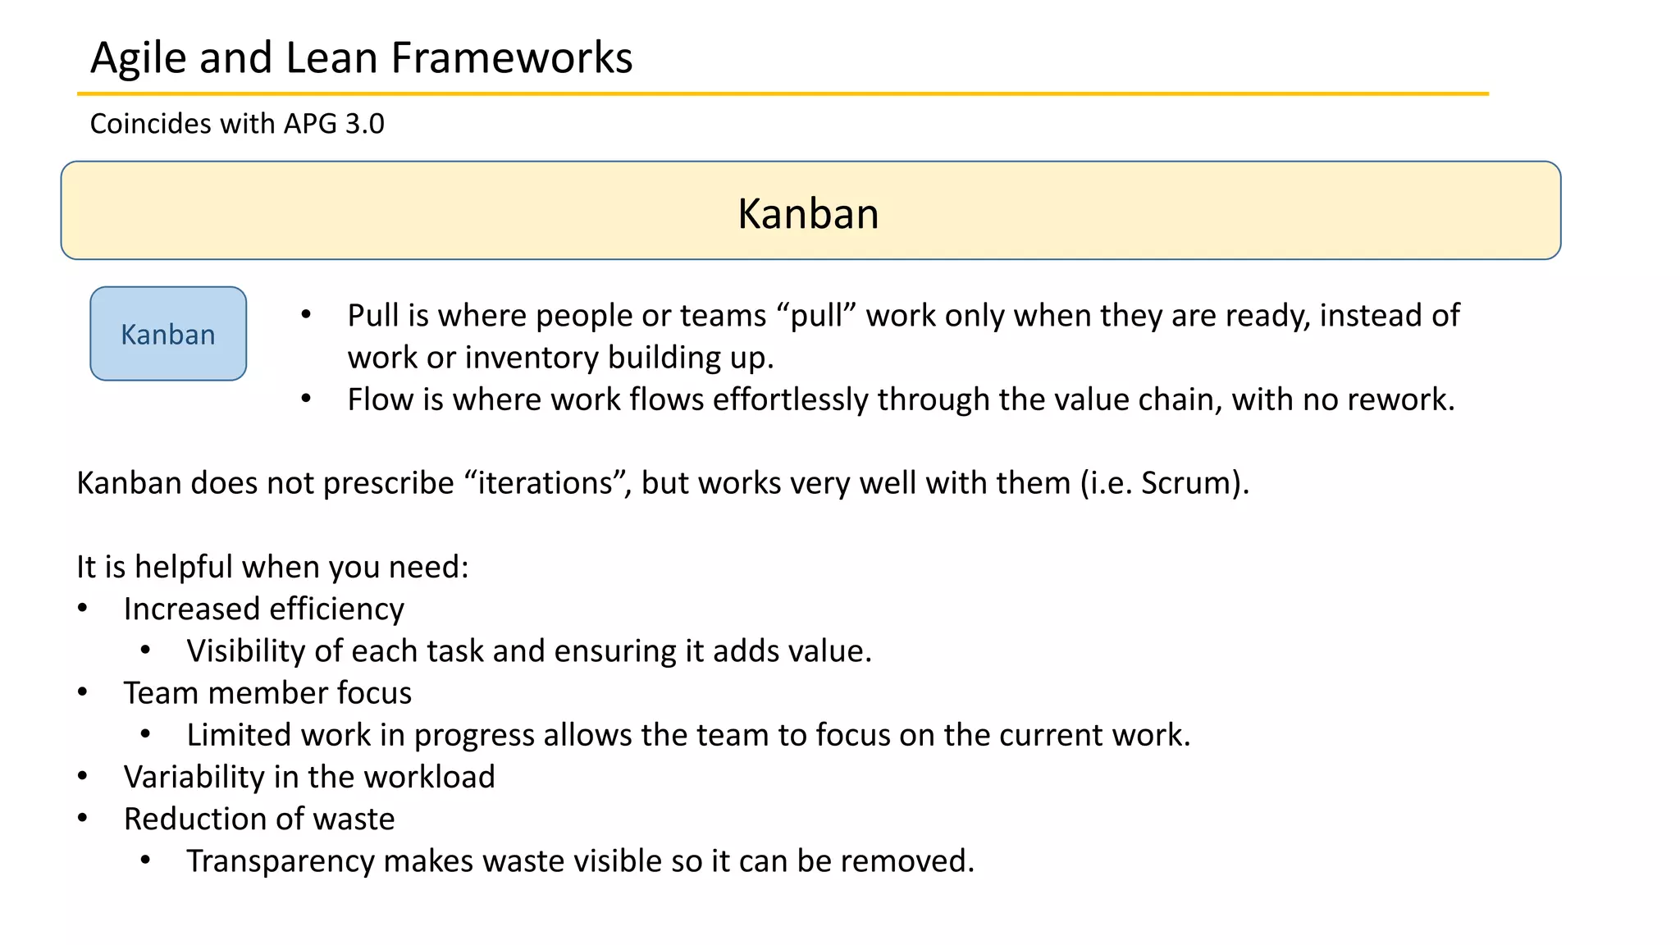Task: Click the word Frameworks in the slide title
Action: pos(511,58)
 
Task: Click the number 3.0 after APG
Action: pos(364,124)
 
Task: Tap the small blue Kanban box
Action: pos(168,334)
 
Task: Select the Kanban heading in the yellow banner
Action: pos(808,214)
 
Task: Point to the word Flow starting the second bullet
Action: pos(377,399)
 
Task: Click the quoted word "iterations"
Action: pos(545,483)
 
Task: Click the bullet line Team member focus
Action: pos(267,693)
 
